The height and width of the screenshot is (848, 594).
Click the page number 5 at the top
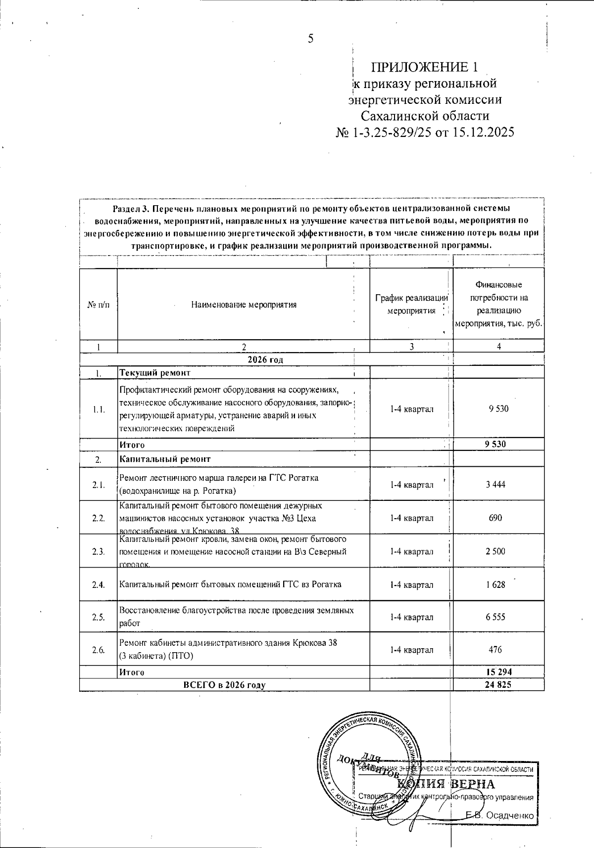click(x=310, y=39)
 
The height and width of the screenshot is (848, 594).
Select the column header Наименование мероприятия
click(x=244, y=305)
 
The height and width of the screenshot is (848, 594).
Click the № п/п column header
click(x=99, y=305)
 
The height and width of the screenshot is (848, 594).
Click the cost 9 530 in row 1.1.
click(x=498, y=409)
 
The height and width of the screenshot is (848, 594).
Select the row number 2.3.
click(x=99, y=551)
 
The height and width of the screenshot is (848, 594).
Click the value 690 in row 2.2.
click(x=495, y=518)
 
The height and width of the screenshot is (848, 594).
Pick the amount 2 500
click(x=495, y=551)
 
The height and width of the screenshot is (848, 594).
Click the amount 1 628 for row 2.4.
click(x=495, y=584)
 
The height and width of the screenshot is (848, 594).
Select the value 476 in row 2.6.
click(x=495, y=650)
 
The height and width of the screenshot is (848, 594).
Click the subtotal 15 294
click(x=499, y=672)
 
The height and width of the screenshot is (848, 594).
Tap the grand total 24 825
click(x=499, y=684)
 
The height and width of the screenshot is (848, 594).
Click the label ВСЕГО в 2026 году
click(x=224, y=685)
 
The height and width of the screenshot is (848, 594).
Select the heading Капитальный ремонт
click(x=165, y=459)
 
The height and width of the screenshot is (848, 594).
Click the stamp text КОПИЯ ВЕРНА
click(x=446, y=784)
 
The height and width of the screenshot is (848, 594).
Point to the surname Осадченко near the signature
click(x=510, y=815)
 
